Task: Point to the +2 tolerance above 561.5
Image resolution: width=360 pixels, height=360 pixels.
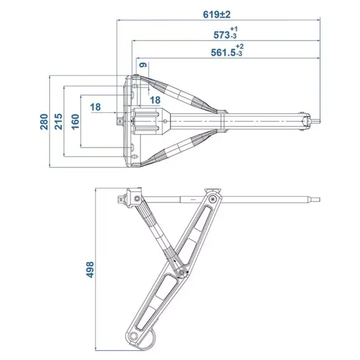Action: click(239, 46)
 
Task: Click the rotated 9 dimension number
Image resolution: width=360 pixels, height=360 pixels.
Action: click(143, 66)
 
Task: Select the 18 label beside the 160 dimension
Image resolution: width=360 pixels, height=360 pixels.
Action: click(95, 107)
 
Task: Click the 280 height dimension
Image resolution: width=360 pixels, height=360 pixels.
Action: click(44, 121)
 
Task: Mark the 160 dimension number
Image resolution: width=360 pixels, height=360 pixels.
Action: click(75, 121)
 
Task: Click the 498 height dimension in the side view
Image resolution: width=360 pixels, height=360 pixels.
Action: click(90, 270)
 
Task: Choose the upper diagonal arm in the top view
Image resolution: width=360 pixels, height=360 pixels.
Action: click(177, 94)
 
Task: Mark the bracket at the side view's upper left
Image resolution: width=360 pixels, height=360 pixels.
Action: click(132, 198)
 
